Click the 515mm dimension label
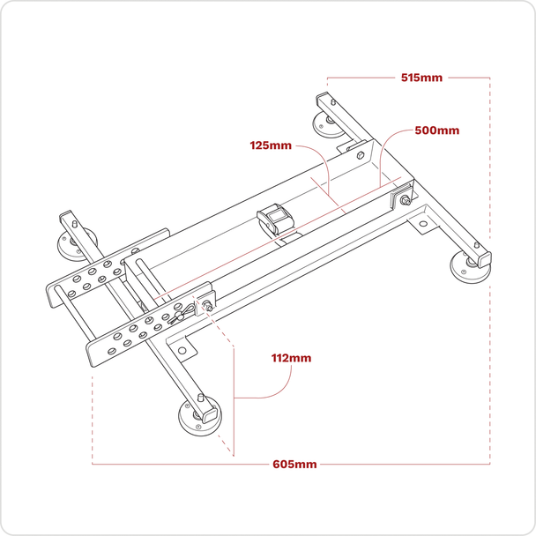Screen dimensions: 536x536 421,78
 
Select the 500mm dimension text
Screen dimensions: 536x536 436,130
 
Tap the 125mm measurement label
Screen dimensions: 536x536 270,144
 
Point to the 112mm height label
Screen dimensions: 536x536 290,359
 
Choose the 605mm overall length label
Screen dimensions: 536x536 294,464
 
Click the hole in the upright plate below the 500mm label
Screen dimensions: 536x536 361,150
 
